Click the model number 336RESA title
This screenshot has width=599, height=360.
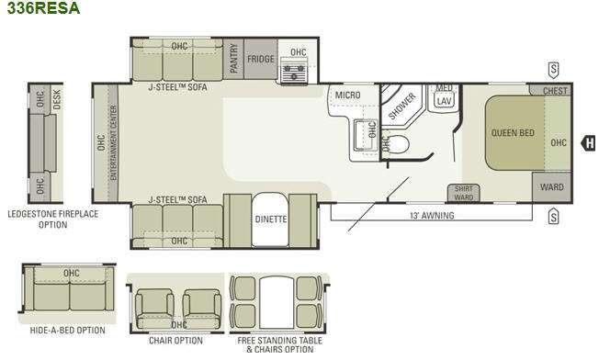(43, 8)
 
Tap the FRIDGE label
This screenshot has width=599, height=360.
(261, 59)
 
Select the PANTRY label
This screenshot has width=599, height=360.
(233, 58)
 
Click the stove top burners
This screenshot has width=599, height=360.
(293, 71)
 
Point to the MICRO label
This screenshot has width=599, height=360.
(347, 95)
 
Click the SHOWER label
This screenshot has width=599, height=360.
(401, 106)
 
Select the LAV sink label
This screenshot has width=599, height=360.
(444, 101)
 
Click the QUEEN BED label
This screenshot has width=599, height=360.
(513, 133)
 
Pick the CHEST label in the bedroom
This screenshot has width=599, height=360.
(555, 91)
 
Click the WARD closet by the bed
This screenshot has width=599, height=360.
(552, 187)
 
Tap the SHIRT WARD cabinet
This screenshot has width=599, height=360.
(464, 193)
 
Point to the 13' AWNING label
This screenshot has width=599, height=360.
(432, 216)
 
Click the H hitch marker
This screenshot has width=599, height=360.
(589, 143)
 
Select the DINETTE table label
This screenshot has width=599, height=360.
(271, 219)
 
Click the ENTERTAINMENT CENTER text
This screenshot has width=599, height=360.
(113, 142)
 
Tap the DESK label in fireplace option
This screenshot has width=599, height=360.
(57, 99)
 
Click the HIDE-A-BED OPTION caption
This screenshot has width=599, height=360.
(68, 331)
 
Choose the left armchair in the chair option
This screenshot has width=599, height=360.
(154, 309)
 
